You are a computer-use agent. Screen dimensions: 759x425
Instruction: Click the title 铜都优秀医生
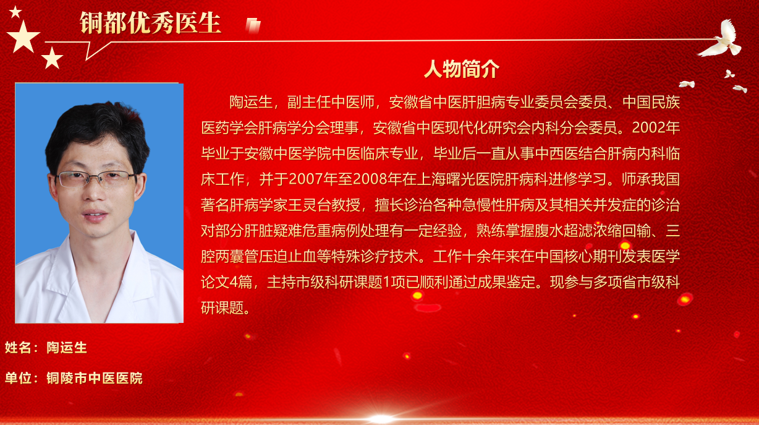point(150,23)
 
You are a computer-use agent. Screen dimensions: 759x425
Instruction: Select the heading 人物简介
point(462,69)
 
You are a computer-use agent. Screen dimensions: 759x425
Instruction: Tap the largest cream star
point(23,36)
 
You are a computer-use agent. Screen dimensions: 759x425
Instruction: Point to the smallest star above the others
point(15,12)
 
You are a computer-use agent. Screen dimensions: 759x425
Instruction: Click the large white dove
point(722,39)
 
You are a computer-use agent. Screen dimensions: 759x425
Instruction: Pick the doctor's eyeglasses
point(96,178)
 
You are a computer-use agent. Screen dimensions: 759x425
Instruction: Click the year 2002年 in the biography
point(656,128)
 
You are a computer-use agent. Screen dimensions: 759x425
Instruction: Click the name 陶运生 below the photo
point(67,348)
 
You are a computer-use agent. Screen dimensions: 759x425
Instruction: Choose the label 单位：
point(21,378)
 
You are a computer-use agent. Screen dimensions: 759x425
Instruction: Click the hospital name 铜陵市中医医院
point(95,378)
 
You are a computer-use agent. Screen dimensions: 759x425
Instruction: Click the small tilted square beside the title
point(253,26)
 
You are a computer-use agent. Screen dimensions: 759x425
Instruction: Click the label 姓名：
point(21,348)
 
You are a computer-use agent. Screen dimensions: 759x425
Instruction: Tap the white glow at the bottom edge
point(381,419)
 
